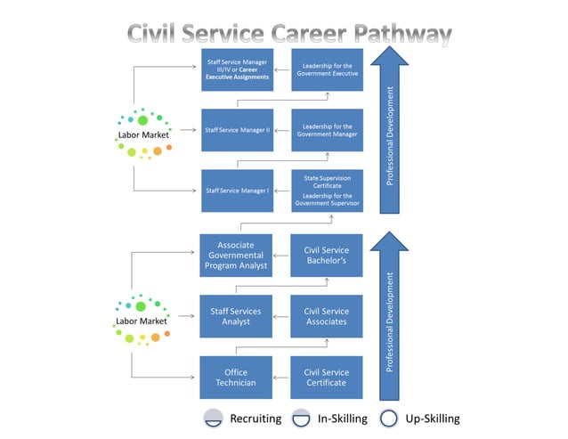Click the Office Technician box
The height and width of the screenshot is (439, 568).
236,378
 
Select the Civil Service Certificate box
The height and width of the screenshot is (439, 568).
327,378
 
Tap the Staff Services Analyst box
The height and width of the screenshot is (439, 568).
236,316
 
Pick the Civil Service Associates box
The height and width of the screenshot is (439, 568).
327,316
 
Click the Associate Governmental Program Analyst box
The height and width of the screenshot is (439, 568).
236,255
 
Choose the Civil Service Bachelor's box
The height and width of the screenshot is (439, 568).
327,255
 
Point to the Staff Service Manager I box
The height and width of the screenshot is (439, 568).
237,191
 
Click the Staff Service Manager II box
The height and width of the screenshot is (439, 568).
237,130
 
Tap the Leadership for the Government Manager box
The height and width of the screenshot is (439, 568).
328,130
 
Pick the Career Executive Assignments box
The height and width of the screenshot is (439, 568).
237,69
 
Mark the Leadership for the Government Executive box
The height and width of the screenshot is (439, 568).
328,69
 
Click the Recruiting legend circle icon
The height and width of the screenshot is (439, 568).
213,419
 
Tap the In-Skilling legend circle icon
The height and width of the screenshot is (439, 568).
301,419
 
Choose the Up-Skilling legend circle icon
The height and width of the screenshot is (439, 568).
388,419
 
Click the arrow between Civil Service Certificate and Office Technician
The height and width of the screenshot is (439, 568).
281,378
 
